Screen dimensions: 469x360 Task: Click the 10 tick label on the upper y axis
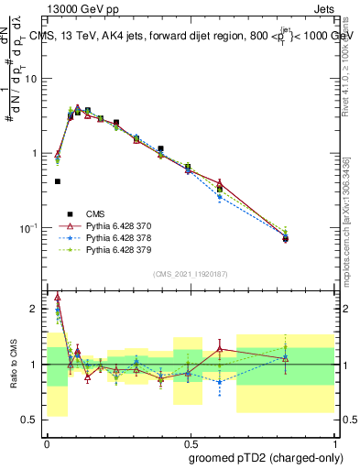coord(31,79)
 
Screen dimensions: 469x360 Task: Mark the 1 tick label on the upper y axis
coord(35,153)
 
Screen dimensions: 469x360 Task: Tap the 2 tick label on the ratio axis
coord(35,309)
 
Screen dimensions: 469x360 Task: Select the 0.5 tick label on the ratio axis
coord(30,420)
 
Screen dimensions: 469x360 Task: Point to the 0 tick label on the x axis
coord(47,442)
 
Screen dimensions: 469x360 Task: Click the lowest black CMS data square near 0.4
coord(58,181)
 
